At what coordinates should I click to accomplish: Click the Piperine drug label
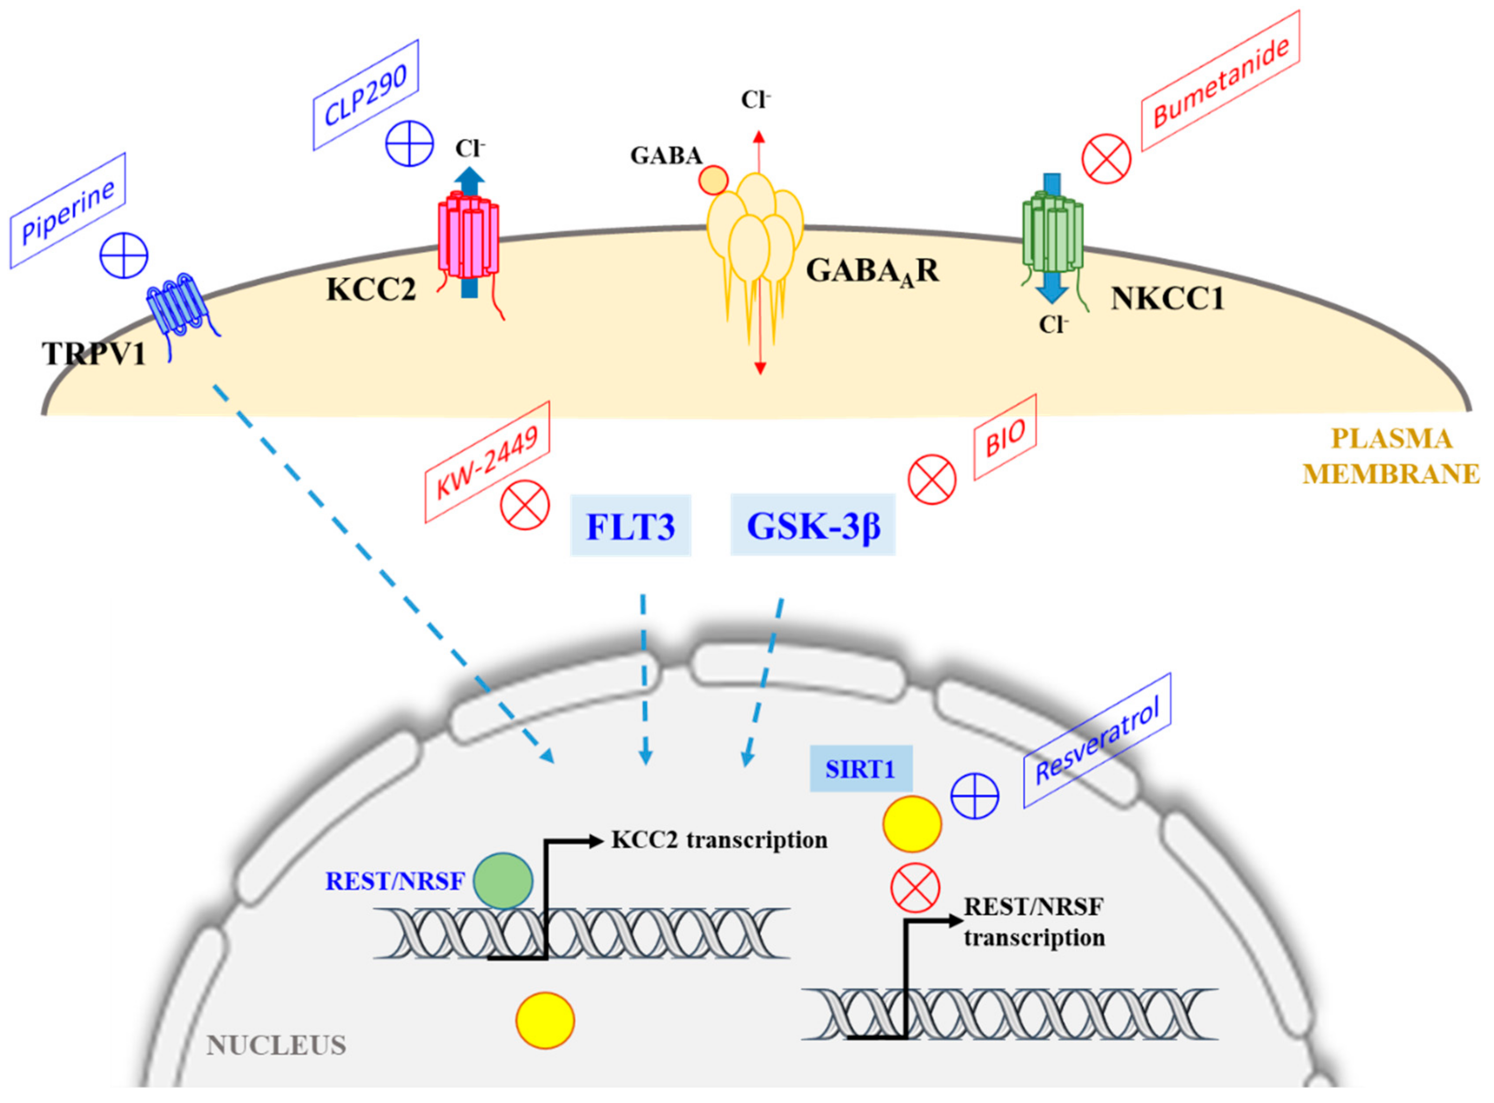(67, 211)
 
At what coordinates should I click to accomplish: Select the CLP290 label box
(366, 95)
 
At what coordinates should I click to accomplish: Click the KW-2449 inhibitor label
(488, 462)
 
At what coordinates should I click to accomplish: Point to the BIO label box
(1005, 437)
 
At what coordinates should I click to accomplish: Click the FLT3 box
(630, 525)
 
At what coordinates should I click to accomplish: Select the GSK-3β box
(812, 525)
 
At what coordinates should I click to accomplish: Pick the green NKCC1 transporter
(1052, 230)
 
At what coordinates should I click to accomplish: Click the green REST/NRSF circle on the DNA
(503, 880)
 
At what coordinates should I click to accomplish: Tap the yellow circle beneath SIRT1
(912, 824)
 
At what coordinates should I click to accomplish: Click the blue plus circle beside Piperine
(124, 256)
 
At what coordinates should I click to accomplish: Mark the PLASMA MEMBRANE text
(1390, 456)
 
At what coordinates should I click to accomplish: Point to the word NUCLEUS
(276, 1045)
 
